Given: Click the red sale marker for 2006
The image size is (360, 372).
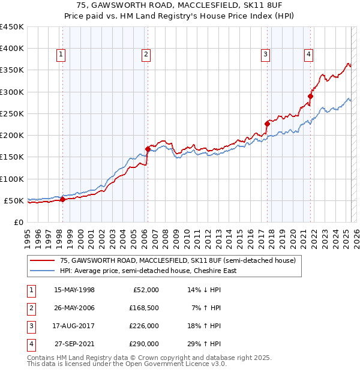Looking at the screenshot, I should [x=148, y=149].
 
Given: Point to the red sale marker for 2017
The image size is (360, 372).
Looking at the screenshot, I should [x=267, y=124].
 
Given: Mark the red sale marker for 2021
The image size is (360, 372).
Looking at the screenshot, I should [x=311, y=96].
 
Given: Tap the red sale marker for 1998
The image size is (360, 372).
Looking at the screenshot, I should [x=62, y=200].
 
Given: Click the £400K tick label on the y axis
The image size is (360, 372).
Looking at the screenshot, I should [x=12, y=49].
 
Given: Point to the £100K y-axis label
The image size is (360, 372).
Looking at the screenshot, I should [x=12, y=179].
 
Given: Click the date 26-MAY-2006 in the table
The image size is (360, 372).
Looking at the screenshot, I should [x=74, y=308].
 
